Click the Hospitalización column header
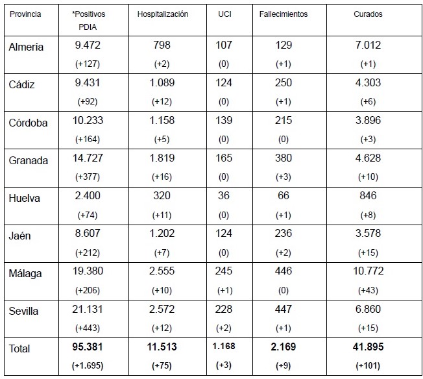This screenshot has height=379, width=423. [163, 14]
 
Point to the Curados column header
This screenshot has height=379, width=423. [368, 14]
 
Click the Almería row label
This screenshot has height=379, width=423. [27, 47]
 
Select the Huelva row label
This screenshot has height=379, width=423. [25, 199]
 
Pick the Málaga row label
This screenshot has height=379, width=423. [25, 274]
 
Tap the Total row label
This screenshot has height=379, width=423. [20, 349]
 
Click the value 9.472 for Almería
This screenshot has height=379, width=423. [89, 45]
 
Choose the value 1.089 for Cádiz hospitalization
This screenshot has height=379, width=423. [163, 82]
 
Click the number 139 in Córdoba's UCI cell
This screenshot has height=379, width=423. [223, 120]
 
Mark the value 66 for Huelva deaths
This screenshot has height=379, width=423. [283, 195]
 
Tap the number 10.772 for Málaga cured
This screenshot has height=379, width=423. [368, 271]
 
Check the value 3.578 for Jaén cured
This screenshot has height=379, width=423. [368, 233]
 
